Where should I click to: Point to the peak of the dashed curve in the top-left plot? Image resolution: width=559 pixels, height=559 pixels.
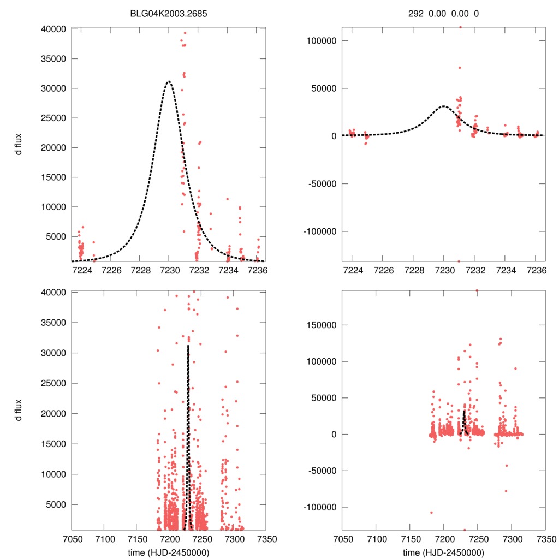click(x=169, y=81)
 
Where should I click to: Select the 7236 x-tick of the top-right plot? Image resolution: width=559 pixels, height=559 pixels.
click(x=537, y=270)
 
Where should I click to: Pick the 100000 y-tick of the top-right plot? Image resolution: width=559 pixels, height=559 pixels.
click(x=320, y=41)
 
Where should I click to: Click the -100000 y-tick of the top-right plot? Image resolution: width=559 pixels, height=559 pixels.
click(x=319, y=231)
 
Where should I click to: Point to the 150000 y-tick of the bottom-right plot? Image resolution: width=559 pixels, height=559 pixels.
click(x=320, y=325)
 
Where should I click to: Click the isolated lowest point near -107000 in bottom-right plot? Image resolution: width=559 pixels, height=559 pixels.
click(x=431, y=512)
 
